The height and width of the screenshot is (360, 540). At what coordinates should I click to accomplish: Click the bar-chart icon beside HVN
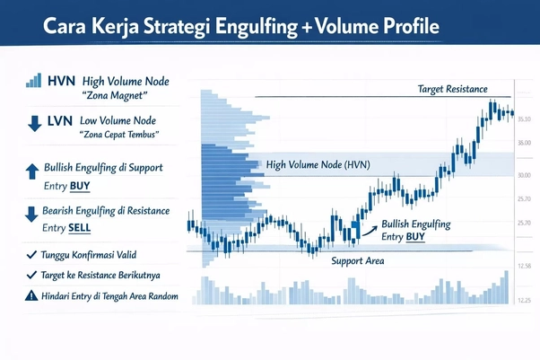[x=34, y=81]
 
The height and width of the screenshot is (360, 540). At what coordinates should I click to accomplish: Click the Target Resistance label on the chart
[x=452, y=89]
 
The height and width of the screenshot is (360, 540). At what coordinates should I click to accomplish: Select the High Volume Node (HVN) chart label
[x=318, y=165]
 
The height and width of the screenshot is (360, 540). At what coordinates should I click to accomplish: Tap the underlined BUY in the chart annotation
[x=414, y=236]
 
